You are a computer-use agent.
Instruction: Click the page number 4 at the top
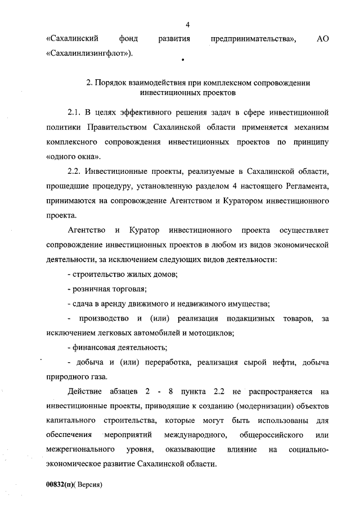pos(188,25)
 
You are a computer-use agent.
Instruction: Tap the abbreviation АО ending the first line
pos(322,39)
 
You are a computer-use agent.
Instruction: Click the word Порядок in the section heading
pos(110,83)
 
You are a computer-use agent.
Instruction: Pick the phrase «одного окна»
pos(68,157)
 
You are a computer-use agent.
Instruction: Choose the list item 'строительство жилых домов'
pos(122,274)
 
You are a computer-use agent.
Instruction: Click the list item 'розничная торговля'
pos(106,289)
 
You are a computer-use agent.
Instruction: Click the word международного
pos(195,435)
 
